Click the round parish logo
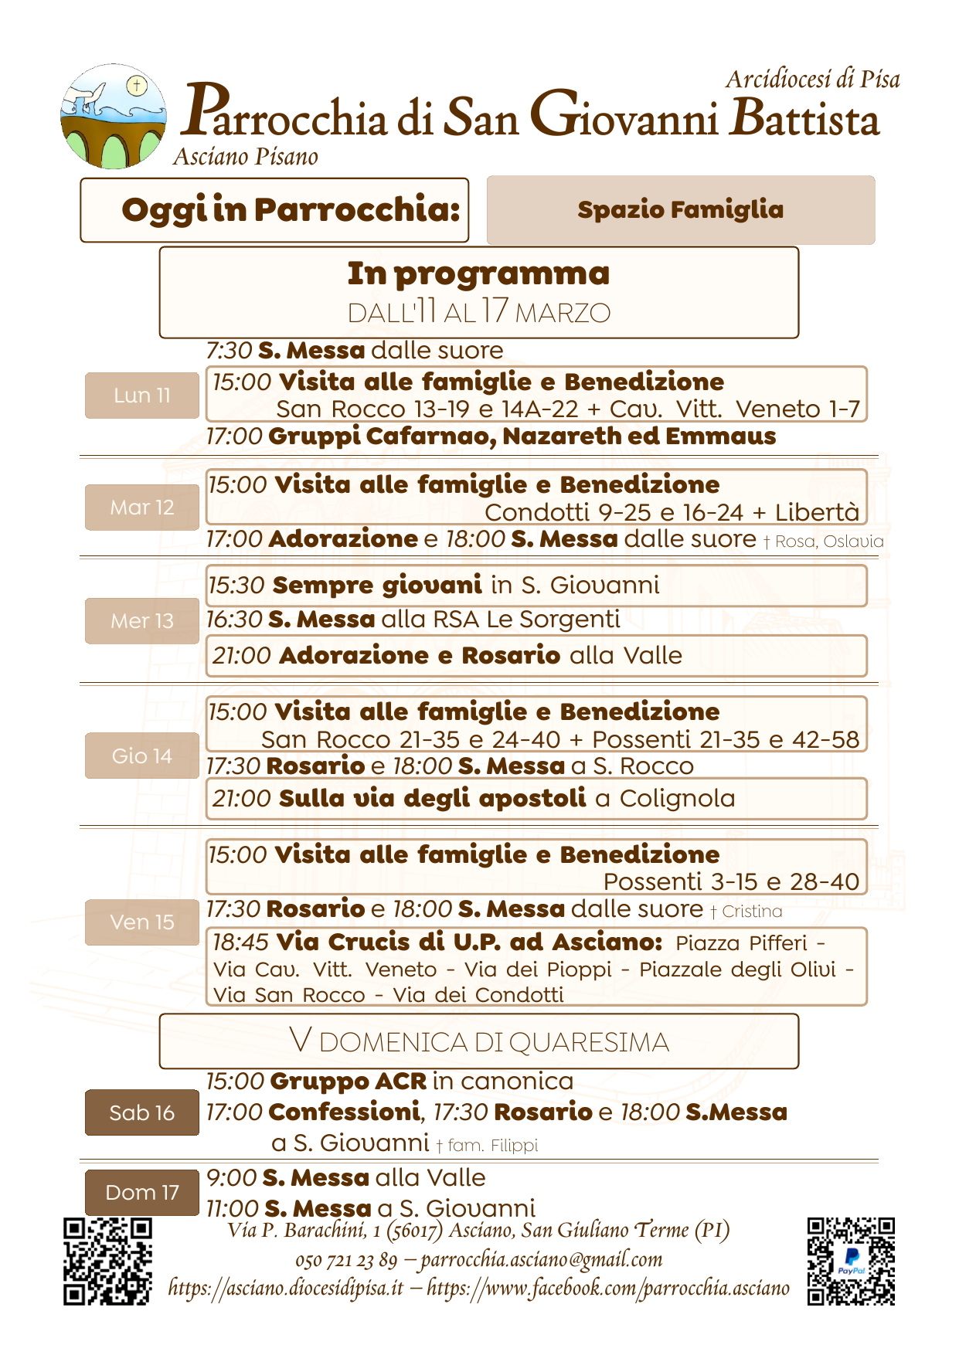point(114,117)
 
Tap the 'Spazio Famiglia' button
point(680,210)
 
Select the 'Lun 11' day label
point(141,396)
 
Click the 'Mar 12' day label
point(141,508)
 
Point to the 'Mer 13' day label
point(141,621)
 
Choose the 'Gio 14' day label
point(141,756)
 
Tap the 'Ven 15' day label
point(141,922)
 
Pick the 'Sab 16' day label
point(141,1112)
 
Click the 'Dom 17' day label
point(141,1193)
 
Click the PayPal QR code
point(851,1262)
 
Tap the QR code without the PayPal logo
point(107,1262)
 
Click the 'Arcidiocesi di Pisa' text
point(812,80)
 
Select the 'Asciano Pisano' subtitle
point(246,157)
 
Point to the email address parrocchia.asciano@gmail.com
point(542,1260)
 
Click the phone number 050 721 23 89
point(345,1261)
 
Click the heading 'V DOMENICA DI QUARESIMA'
point(479,1042)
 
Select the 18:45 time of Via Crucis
point(240,942)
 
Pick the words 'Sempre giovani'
point(377,585)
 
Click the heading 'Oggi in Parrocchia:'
point(291,209)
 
